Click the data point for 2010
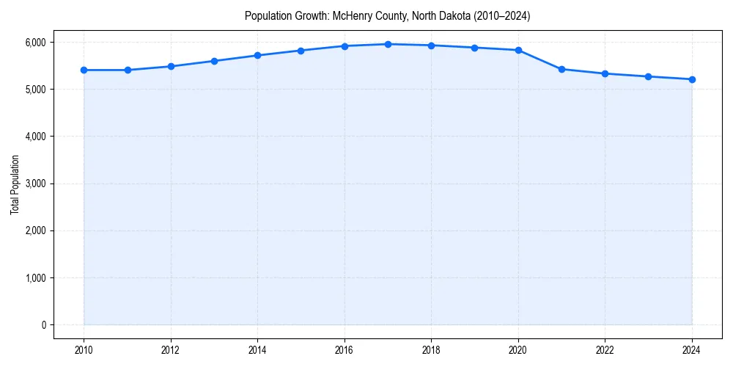pos(84,70)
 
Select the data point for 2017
pos(388,44)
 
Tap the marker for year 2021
pos(561,69)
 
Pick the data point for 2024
pos(692,79)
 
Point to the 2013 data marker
pos(214,61)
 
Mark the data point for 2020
pos(518,50)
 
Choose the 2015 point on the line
pos(301,51)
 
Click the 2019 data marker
pos(475,48)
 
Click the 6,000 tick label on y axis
pos(34,43)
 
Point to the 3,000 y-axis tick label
pos(34,183)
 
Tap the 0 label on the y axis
pos(43,325)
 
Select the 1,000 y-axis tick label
pos(34,278)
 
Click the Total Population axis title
pos(15,183)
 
